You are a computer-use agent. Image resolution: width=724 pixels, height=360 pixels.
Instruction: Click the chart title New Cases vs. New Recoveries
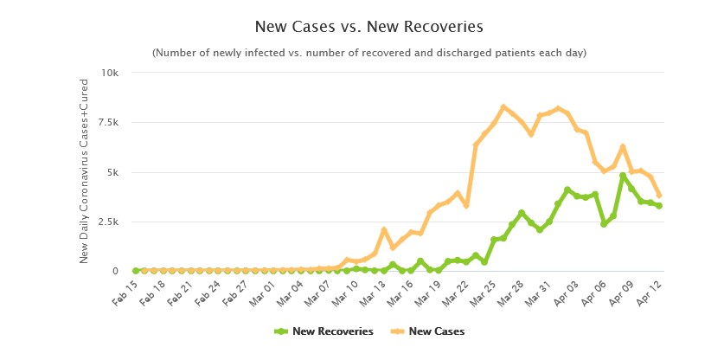pos(362,27)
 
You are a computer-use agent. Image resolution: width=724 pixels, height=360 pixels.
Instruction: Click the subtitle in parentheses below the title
pos(369,53)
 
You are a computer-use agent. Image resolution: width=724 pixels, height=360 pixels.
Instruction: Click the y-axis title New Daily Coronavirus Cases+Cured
pos(84,172)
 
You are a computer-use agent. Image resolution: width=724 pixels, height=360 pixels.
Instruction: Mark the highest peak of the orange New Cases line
pos(503,107)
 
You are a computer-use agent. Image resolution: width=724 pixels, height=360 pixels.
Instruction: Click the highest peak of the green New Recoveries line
pos(623,176)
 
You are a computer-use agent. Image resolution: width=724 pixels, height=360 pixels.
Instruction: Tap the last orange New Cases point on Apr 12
pos(659,196)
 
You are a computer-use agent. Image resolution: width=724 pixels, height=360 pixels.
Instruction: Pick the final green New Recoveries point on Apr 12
pos(659,206)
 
